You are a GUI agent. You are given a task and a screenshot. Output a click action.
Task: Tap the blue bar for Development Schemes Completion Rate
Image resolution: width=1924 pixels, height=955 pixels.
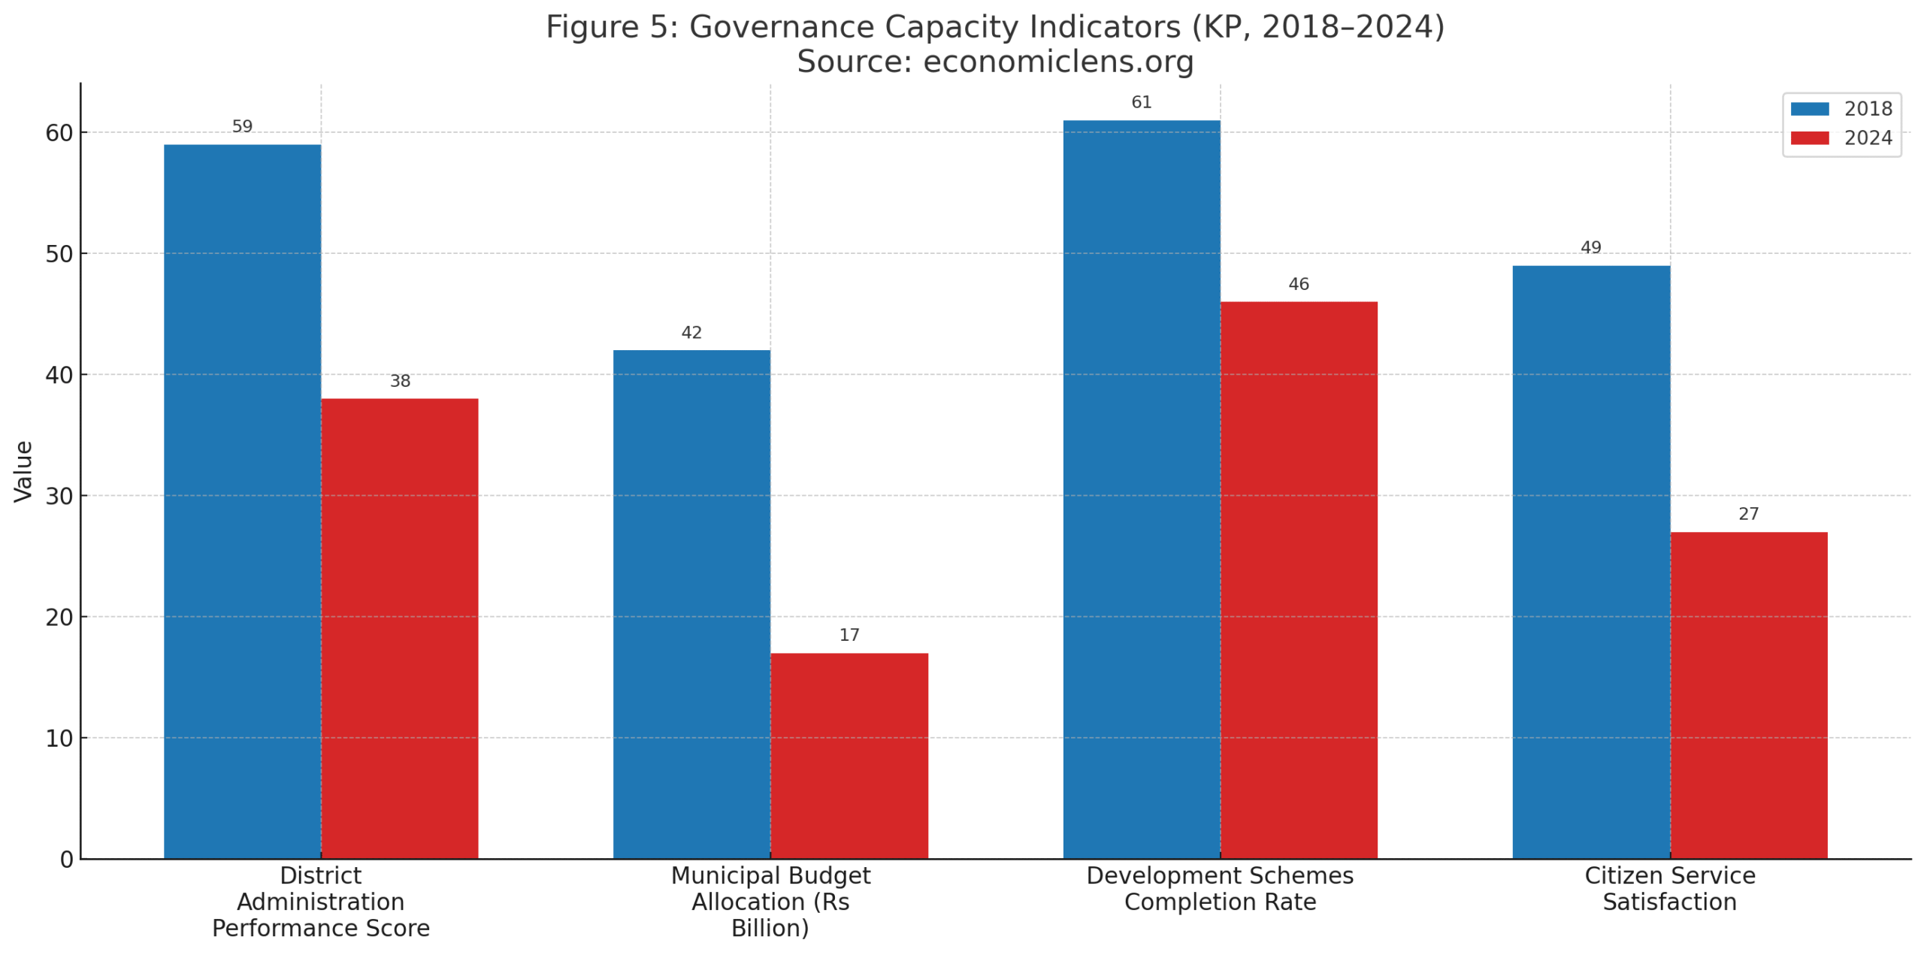(x=1141, y=488)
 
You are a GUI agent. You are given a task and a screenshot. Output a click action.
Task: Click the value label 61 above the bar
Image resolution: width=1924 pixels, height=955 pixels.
(x=1141, y=102)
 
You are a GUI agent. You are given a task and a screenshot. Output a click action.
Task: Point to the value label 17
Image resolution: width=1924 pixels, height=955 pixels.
(x=849, y=635)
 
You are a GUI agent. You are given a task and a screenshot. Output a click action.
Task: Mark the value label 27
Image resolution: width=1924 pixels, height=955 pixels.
(x=1748, y=514)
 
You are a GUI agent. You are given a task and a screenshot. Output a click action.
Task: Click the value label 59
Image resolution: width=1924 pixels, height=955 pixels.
(x=242, y=126)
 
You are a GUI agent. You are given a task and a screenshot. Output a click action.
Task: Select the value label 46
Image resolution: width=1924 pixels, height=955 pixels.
(x=1298, y=284)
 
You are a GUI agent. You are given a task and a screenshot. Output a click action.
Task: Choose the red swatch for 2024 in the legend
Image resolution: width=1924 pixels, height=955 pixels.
(x=1809, y=138)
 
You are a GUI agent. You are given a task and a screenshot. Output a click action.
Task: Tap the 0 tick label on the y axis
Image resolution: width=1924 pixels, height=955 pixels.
(x=66, y=859)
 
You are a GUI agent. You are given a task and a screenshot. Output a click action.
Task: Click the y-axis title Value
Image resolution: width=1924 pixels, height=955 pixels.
(x=23, y=471)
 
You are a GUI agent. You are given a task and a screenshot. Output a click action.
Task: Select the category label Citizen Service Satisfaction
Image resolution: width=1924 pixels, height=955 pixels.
(x=1669, y=888)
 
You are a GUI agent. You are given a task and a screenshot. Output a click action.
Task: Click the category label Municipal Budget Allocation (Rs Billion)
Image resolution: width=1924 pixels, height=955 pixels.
(x=770, y=901)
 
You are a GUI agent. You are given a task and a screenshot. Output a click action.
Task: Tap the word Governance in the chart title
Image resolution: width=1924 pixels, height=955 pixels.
(x=781, y=27)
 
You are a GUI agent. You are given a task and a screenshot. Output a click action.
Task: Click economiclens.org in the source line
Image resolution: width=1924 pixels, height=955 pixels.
(x=1057, y=62)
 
